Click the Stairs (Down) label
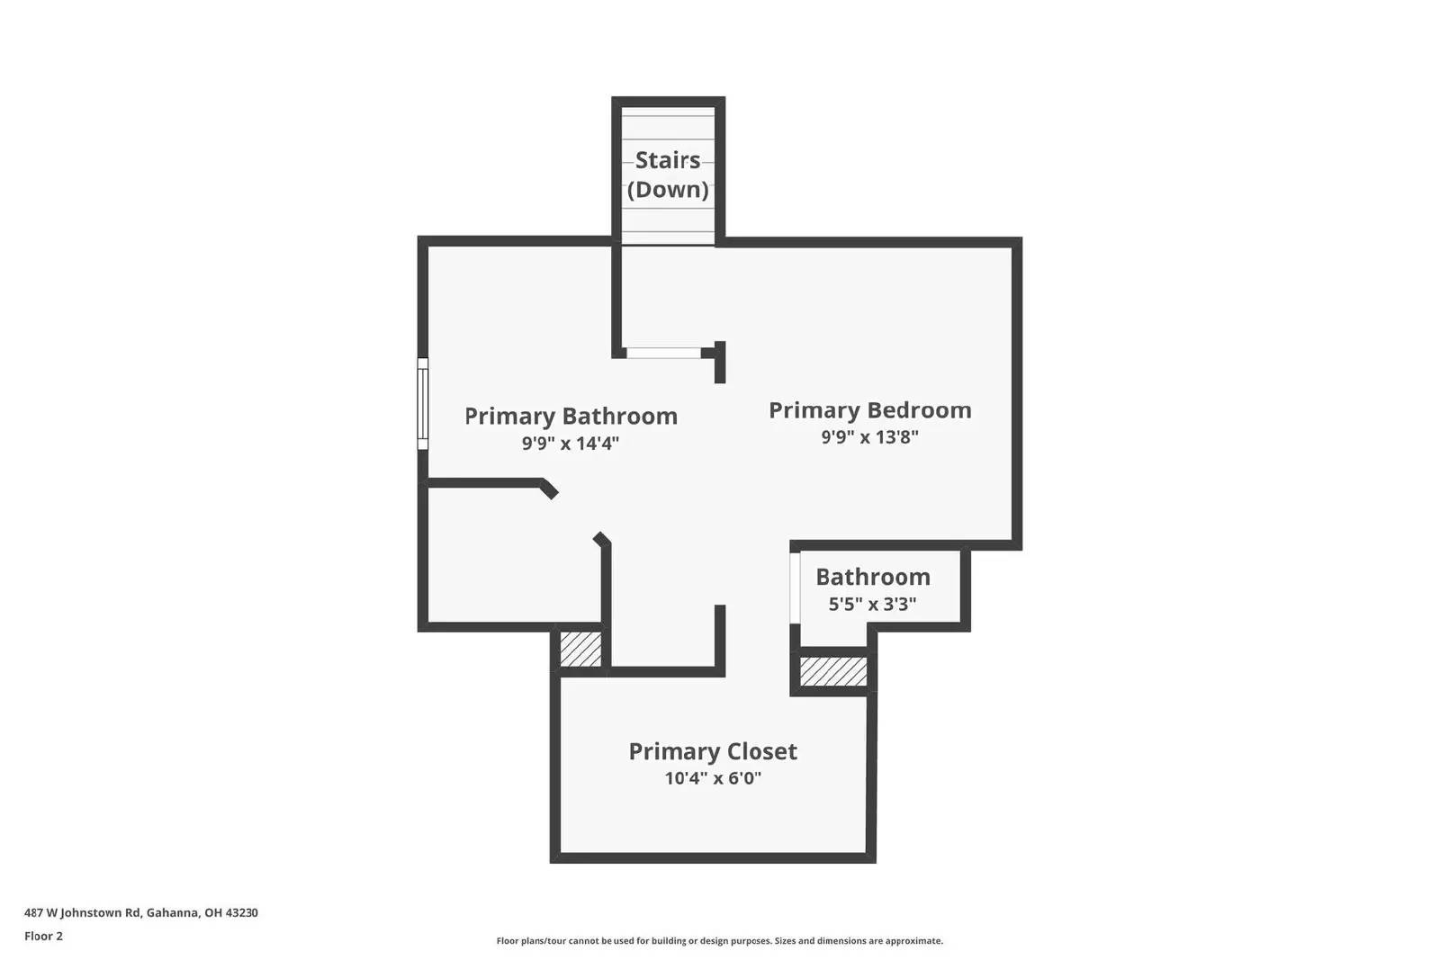coord(668,174)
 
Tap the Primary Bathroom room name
coord(571,416)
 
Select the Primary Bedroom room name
coord(869,409)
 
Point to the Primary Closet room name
coord(713,751)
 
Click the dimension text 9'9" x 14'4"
coord(571,443)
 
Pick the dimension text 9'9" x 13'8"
coord(869,437)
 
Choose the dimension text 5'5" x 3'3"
coord(872,604)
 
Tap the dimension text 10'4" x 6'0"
coord(713,778)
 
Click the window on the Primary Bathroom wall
coord(422,403)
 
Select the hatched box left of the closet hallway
coord(580,649)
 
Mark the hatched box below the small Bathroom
coord(833,671)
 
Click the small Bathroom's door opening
coord(795,588)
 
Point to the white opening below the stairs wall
coord(664,353)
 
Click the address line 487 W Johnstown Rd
coord(141,912)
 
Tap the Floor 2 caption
coord(43,936)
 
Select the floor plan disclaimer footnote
coord(719,941)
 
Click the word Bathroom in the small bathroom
coord(872,577)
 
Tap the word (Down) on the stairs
coord(668,189)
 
